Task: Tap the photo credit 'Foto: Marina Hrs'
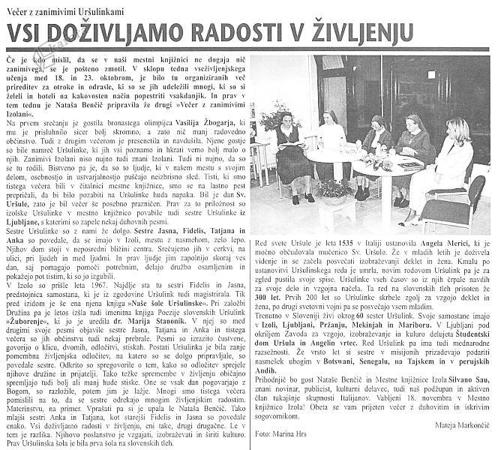tap(282, 433)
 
